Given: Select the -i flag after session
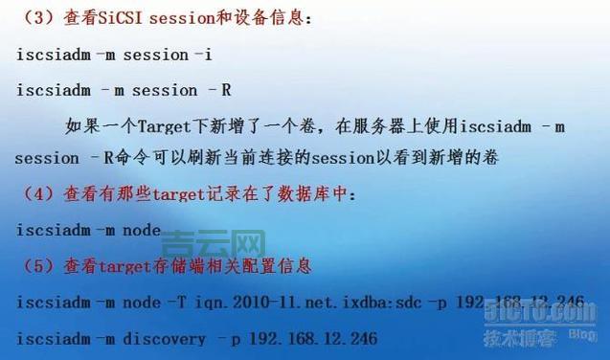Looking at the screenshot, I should pos(201,56).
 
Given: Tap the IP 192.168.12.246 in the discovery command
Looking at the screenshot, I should pos(313,339).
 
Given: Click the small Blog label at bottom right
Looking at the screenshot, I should pos(580,335).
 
